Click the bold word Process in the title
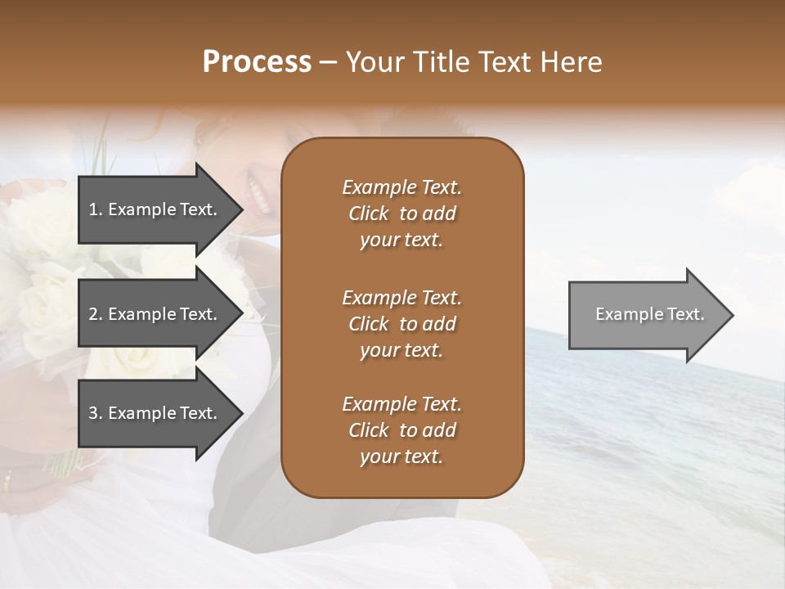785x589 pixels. pos(257,62)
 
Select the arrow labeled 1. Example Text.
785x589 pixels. pos(155,209)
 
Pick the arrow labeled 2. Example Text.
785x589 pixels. pos(155,314)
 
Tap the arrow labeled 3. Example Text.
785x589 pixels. pos(155,413)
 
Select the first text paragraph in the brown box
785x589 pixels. pos(401,214)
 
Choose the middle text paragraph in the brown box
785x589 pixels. pos(401,324)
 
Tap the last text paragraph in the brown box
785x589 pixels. pos(401,430)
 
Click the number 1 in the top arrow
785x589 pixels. pos(93,209)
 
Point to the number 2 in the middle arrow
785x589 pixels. pos(93,314)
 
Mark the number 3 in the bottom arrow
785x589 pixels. pos(93,413)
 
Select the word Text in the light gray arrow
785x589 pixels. pos(685,314)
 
